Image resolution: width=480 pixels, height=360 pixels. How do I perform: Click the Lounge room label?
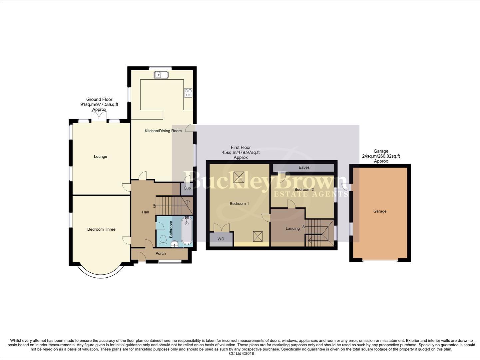[100, 156]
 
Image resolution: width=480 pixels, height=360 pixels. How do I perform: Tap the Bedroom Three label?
[101, 229]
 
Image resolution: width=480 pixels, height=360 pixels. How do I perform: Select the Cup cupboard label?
[187, 188]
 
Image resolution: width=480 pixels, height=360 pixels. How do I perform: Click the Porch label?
[161, 253]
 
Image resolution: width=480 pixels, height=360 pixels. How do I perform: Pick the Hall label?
[145, 212]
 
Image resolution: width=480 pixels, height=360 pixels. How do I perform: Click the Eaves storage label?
[304, 167]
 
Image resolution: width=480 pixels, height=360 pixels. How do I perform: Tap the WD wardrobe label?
[221, 239]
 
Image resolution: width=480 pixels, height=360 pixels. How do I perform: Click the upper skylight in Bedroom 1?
[239, 177]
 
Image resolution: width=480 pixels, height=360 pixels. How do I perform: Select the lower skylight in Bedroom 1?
[258, 236]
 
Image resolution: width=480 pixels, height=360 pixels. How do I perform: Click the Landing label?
[292, 228]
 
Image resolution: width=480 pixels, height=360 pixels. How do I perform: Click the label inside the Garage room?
[380, 211]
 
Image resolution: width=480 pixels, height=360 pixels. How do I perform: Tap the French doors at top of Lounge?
[99, 117]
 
